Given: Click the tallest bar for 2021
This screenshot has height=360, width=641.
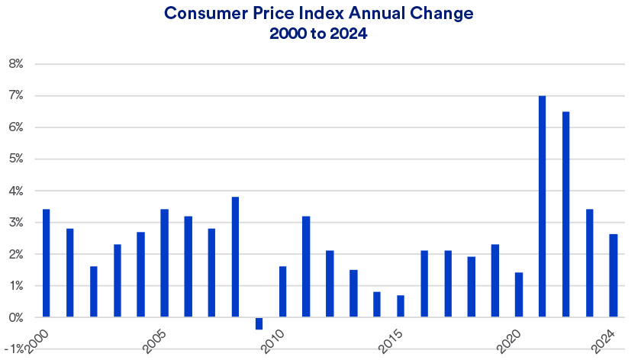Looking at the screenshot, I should (x=543, y=206).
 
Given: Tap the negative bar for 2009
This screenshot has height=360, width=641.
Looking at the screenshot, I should (x=259, y=323).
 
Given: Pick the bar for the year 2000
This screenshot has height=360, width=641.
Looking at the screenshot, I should (x=46, y=262).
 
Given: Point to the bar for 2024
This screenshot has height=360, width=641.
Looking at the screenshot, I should (x=614, y=275).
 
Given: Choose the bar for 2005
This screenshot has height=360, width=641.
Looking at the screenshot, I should (x=164, y=262).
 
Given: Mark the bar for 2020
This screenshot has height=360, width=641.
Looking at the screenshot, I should (x=519, y=294).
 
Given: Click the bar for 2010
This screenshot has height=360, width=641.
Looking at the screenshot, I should (x=282, y=291).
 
